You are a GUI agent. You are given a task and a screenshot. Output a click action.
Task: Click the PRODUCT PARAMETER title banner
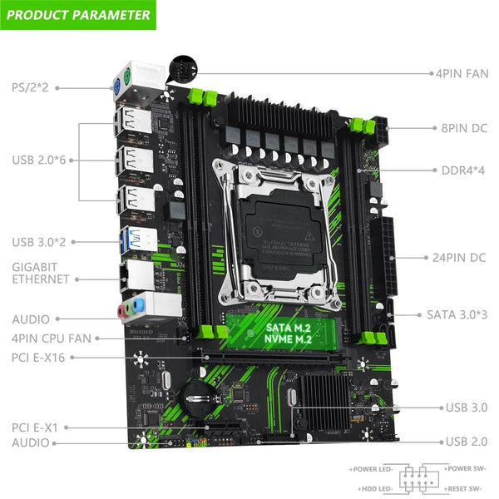point(79,14)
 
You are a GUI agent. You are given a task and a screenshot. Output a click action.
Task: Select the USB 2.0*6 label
point(41,161)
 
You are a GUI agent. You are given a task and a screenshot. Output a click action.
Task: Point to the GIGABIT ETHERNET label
point(41,273)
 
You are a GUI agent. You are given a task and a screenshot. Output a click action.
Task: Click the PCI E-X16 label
point(39,358)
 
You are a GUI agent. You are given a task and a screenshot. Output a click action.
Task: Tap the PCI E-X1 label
point(34,427)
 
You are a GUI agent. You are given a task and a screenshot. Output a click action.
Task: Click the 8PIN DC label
point(463,129)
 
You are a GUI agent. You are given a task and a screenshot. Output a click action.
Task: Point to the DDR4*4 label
point(463,170)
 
